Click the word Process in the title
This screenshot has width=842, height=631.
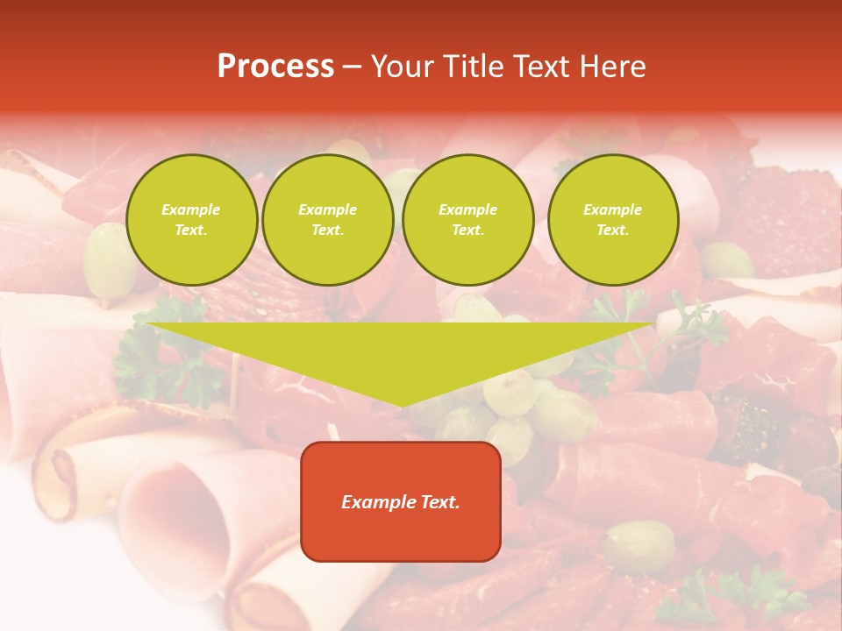[275, 67]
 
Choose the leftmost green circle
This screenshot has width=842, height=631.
[191, 220]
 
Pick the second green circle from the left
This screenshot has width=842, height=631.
[327, 220]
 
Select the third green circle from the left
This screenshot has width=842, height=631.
[467, 220]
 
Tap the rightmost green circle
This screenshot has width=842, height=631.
[612, 220]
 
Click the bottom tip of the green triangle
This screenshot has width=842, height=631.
[402, 404]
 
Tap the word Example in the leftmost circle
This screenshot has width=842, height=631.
[191, 209]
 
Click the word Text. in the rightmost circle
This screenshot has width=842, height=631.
[612, 230]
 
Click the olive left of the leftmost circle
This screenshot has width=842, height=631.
[109, 260]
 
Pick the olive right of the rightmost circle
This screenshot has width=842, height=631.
[726, 260]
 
